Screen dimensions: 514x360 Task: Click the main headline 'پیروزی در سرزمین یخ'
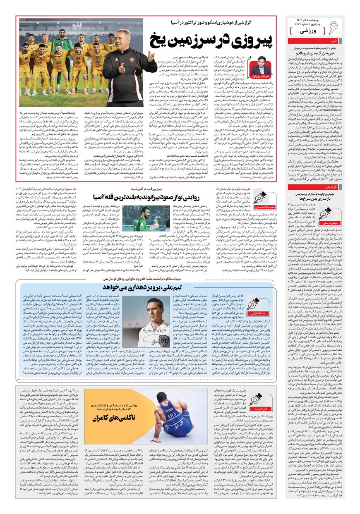(211, 40)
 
